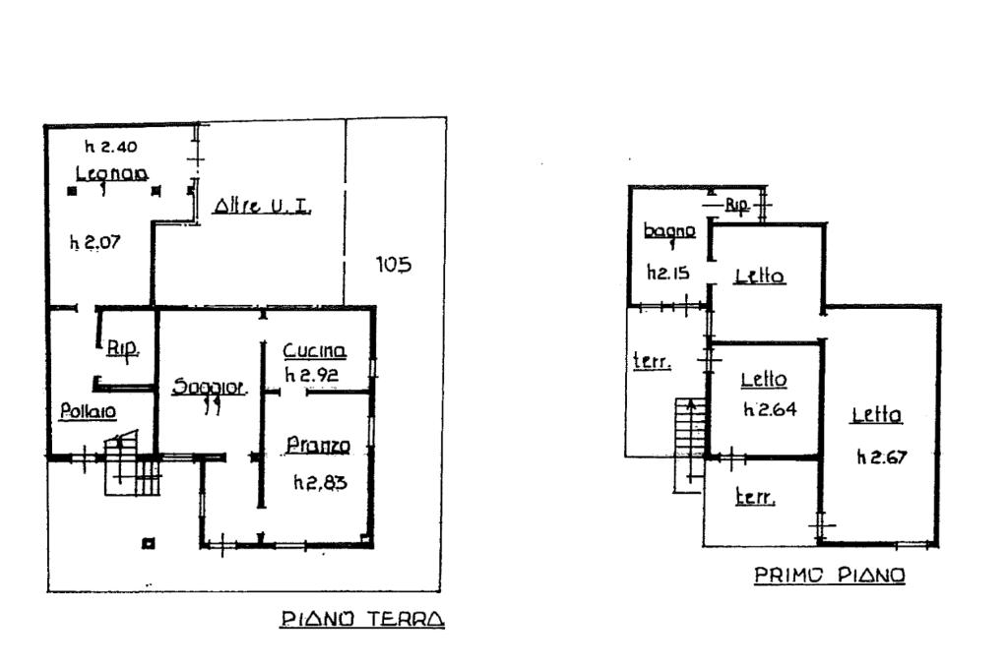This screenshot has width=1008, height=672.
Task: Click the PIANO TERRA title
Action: pyautogui.click(x=362, y=620)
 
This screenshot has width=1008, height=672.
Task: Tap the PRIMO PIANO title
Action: pyautogui.click(x=830, y=576)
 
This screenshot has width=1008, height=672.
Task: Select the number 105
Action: pyautogui.click(x=394, y=265)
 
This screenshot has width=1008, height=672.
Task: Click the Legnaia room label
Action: pyautogui.click(x=111, y=174)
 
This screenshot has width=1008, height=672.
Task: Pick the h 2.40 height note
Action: pyautogui.click(x=110, y=148)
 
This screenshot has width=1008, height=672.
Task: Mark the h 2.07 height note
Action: pyautogui.click(x=94, y=242)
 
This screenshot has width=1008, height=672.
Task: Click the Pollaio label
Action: pyautogui.click(x=74, y=411)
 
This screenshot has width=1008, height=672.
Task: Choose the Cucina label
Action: pyautogui.click(x=314, y=351)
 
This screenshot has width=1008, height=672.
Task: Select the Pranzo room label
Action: pyautogui.click(x=318, y=447)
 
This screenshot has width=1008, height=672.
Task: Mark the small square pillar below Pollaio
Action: pyautogui.click(x=148, y=542)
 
